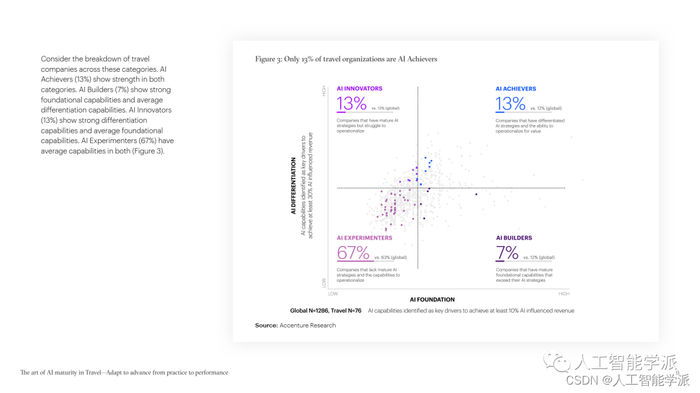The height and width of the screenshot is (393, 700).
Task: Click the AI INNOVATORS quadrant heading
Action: [359, 89]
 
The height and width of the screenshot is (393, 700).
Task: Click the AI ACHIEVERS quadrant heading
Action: [516, 89]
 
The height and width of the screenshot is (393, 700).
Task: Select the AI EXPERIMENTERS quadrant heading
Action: [364, 238]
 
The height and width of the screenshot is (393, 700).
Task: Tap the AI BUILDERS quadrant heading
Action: [514, 238]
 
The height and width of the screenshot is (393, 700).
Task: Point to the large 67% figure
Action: [353, 253]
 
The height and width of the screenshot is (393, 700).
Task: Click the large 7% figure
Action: [507, 253]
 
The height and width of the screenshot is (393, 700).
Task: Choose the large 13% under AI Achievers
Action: [511, 104]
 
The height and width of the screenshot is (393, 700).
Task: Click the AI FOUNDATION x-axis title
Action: [432, 300]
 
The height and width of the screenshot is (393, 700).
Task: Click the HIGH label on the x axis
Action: [564, 293]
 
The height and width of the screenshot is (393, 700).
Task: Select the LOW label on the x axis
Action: [333, 293]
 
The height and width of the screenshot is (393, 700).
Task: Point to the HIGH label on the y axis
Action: [324, 91]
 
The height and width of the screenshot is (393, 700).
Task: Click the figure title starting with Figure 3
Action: [346, 59]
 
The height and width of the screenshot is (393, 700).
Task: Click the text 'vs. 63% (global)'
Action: [390, 258]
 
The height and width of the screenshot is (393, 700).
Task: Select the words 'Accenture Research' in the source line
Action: [308, 325]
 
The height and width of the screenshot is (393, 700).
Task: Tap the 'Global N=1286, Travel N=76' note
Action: [325, 311]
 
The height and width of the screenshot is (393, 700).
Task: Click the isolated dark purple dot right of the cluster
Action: [476, 194]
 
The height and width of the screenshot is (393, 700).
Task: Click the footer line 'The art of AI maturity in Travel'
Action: [124, 372]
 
